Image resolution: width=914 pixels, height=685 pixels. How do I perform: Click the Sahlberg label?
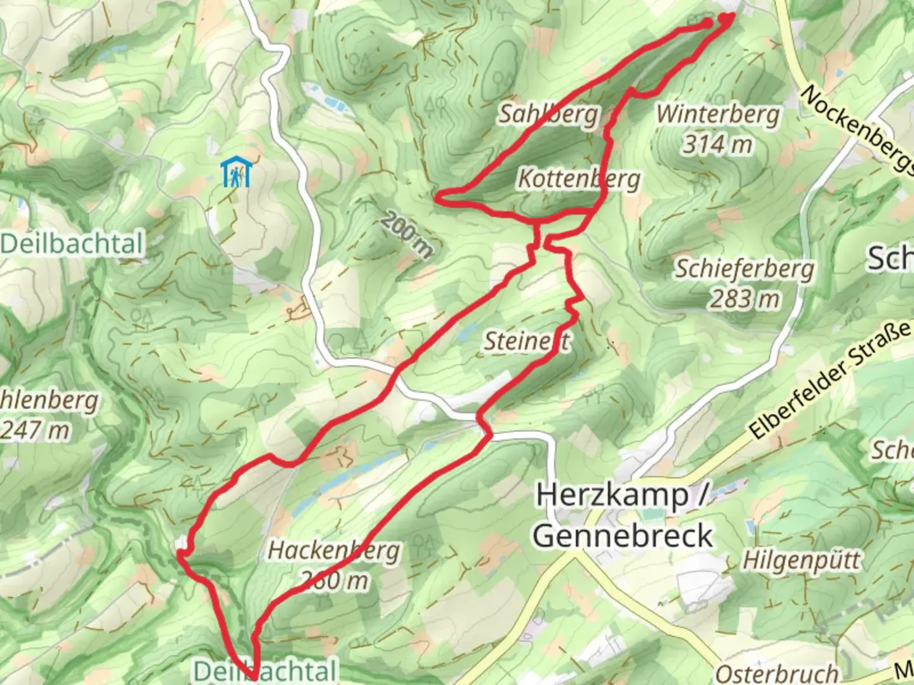pos(548,114)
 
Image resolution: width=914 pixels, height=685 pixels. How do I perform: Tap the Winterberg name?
pos(718,115)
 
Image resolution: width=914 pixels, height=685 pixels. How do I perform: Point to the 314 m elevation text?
pos(717,145)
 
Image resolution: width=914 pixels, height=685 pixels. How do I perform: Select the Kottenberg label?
pos(579,179)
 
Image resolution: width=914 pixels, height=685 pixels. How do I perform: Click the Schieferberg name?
pos(744,269)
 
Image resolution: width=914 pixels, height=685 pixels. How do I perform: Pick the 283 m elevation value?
pos(744,299)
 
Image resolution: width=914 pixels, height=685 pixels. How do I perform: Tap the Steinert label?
pos(527,342)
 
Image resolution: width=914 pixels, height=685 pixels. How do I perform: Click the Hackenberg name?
pos(334,551)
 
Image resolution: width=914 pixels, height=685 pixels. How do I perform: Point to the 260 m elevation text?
pos(334,580)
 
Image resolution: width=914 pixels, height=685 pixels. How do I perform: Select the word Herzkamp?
pos(612,495)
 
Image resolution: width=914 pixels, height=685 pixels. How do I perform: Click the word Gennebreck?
pos(622,536)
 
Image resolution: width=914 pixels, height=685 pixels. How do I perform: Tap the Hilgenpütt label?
pos(802,561)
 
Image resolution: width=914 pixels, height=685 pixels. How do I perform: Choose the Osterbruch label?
pos(777,672)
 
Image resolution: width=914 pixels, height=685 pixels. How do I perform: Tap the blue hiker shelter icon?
pos(236,173)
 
